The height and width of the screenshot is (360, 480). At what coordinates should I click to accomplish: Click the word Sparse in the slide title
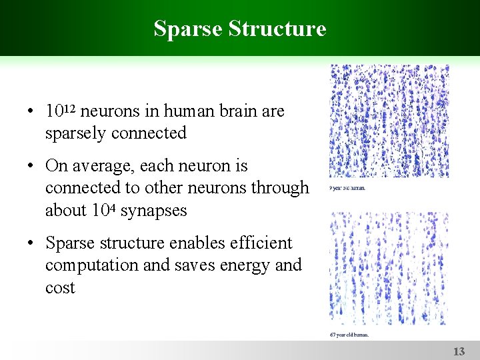click(187, 29)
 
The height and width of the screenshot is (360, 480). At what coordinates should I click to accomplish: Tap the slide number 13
click(459, 351)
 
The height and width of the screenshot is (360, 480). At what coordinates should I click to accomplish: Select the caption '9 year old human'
click(347, 189)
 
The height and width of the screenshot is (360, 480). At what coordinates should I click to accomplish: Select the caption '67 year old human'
click(349, 334)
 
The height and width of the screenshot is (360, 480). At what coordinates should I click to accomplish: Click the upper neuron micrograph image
click(389, 122)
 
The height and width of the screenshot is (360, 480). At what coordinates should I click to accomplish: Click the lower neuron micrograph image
click(389, 268)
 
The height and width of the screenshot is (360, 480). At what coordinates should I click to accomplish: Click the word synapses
click(153, 211)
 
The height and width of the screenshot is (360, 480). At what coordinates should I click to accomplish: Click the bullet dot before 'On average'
click(32, 165)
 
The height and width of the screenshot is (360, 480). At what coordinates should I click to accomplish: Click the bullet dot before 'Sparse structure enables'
click(32, 243)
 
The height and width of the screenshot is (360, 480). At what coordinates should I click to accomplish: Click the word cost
click(60, 288)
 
